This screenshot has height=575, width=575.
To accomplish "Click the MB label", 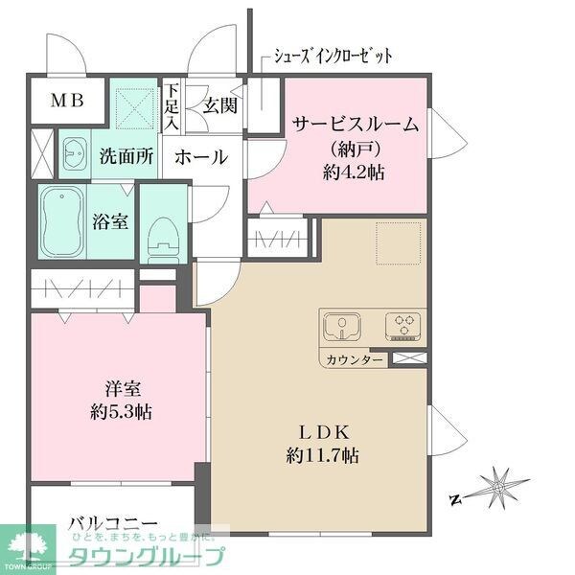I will [x=66, y=100].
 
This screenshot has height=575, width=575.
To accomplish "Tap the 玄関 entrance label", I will [x=218, y=106].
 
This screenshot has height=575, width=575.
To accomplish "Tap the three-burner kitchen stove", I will [x=403, y=328].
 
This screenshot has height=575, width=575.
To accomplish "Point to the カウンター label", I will [x=354, y=360].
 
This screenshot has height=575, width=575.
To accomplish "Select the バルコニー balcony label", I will [x=112, y=524].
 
